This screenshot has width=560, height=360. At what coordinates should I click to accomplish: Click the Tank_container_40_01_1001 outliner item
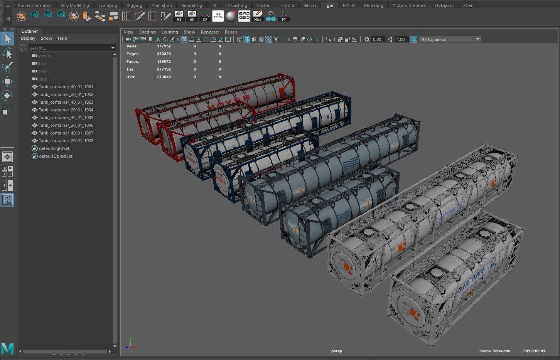pyautogui.click(x=66, y=87)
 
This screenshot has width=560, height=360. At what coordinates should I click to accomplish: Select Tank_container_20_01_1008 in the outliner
pyautogui.click(x=66, y=141)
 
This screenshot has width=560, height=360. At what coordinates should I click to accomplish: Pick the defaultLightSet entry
pyautogui.click(x=54, y=148)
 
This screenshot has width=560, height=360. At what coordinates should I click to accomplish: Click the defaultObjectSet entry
pyautogui.click(x=56, y=156)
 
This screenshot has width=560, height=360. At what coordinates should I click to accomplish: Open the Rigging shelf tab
pyautogui.click(x=134, y=5)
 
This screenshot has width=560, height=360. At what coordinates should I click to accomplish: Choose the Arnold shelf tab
pyautogui.click(x=287, y=5)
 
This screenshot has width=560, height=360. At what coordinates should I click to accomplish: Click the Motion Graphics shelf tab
pyautogui.click(x=409, y=5)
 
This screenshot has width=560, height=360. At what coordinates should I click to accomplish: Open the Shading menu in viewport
pyautogui.click(x=147, y=32)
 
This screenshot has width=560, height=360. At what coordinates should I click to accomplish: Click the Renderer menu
pyautogui.click(x=210, y=32)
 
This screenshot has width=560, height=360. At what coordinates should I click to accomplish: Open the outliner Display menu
pyautogui.click(x=28, y=38)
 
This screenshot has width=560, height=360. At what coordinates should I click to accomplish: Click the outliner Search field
pyautogui.click(x=69, y=48)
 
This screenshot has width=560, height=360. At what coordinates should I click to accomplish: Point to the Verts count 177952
pyautogui.click(x=164, y=46)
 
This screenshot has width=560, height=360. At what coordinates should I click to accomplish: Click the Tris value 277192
pyautogui.click(x=164, y=69)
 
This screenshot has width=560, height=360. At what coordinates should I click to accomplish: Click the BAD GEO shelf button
pyautogui.click(x=244, y=16)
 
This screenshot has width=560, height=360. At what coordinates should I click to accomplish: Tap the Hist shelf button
pyautogui.click(x=257, y=16)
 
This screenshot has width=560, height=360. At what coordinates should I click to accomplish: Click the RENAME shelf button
pyautogui.click(x=218, y=16)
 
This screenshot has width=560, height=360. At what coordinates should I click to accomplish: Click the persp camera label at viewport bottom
pyautogui.click(x=336, y=351)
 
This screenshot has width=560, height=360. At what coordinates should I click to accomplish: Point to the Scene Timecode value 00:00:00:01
pyautogui.click(x=534, y=351)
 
